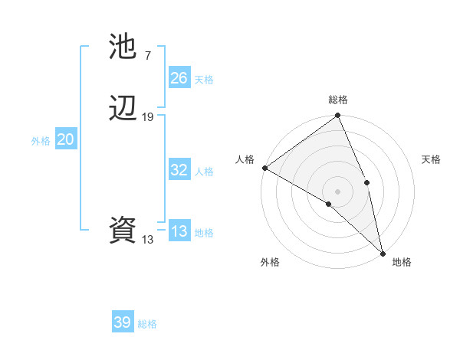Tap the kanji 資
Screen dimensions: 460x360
pos(123,230)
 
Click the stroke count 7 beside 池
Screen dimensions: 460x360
pos(147,55)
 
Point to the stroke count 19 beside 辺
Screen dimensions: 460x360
pos(148,116)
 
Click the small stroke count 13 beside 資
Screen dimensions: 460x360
pos(147,239)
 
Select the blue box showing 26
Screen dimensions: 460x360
pos(179,78)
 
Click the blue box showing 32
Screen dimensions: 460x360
pos(179,170)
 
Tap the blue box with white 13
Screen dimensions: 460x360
pos(179,231)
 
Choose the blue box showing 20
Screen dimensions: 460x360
pos(66,139)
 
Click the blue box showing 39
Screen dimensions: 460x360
pos(123,322)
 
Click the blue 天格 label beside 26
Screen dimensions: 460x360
pos(204,80)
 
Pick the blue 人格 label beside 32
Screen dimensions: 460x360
pos(204,172)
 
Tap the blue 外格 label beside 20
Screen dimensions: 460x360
pos(41,141)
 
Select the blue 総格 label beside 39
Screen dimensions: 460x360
pos(147,324)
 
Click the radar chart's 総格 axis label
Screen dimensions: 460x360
pos(338,100)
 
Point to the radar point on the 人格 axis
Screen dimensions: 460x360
pos(264,168)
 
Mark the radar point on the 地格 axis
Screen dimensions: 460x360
pos(383,252)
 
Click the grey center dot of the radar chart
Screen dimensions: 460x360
pos(337,191)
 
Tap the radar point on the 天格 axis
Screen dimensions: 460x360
pos(367,182)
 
